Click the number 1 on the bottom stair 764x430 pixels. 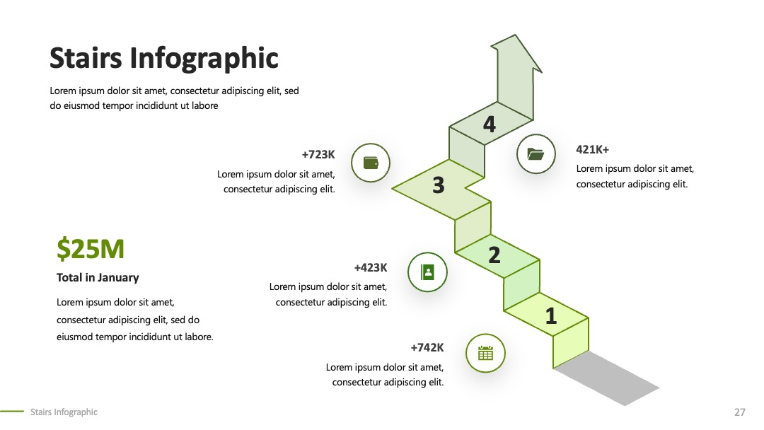[551, 316]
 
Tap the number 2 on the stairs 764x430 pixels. [494, 255]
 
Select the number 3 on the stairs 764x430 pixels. [439, 185]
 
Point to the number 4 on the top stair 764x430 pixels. [490, 124]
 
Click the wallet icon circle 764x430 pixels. [371, 163]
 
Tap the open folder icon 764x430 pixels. [536, 154]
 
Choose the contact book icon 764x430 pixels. [427, 272]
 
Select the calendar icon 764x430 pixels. [485, 353]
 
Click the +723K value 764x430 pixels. [318, 154]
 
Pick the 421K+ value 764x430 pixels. [593, 149]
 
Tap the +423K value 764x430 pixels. [370, 267]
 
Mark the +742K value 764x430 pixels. [427, 348]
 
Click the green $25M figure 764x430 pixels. [91, 249]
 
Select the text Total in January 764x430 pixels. [98, 277]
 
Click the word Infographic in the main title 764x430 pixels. [204, 59]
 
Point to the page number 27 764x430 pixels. [740, 412]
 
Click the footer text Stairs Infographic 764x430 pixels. [64, 412]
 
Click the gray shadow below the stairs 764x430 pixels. [607, 378]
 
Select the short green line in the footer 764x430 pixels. [12, 412]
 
